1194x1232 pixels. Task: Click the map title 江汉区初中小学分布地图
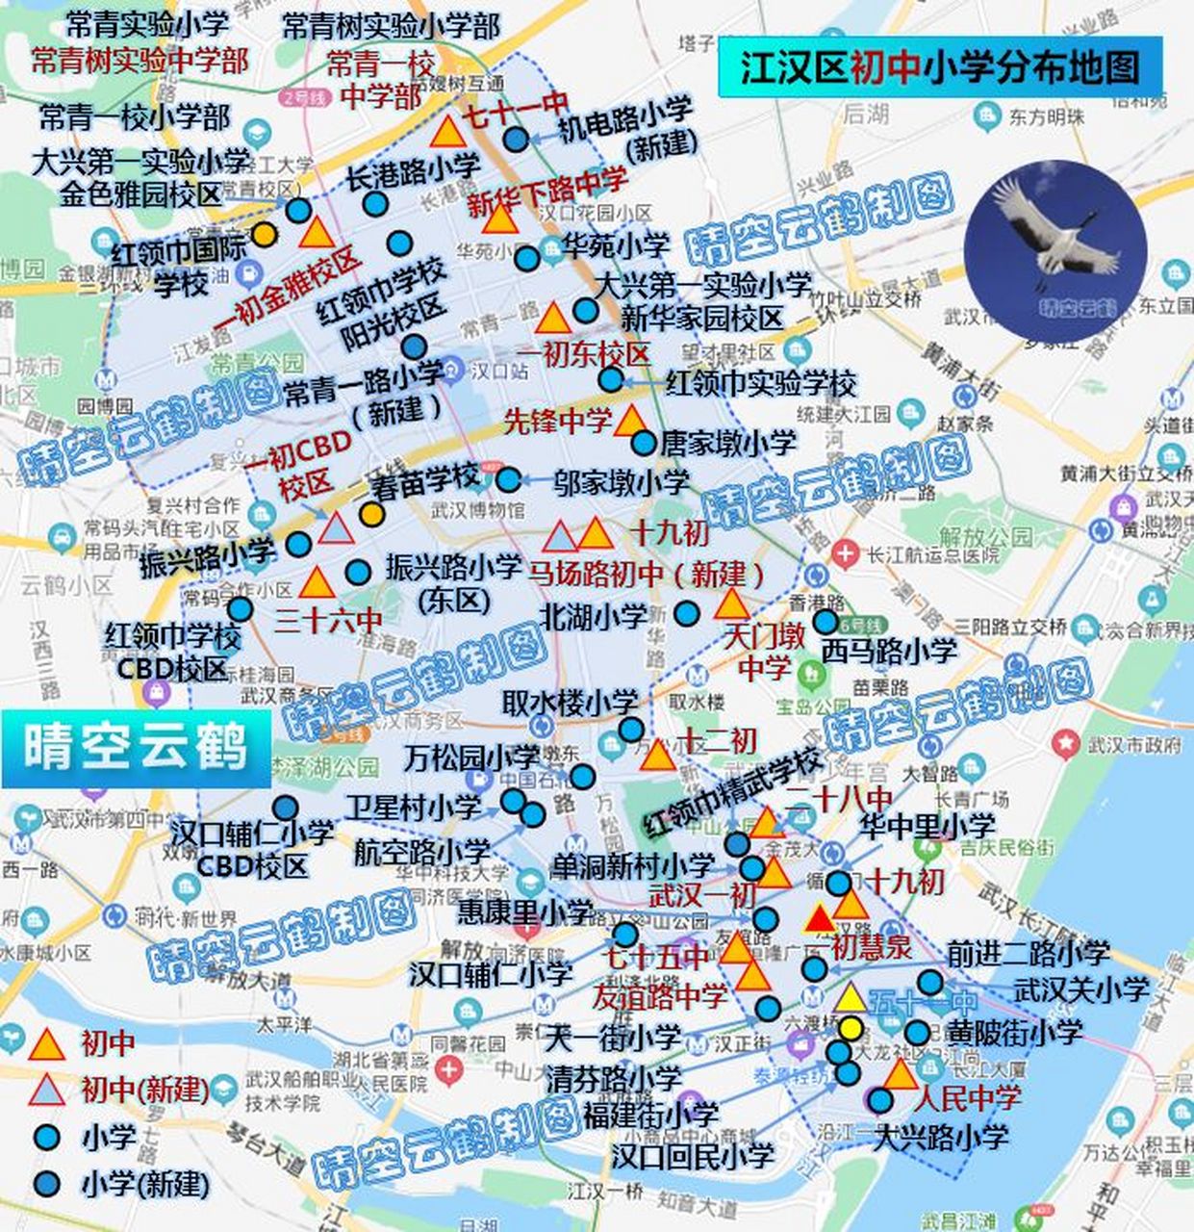click(x=939, y=67)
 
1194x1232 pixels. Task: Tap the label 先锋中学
click(x=558, y=421)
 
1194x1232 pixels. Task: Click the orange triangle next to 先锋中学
click(x=629, y=422)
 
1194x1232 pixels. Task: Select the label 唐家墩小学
click(x=728, y=442)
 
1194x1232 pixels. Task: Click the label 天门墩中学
click(x=765, y=651)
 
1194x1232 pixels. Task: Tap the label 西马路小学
click(x=889, y=651)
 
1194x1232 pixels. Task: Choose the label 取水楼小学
click(x=570, y=703)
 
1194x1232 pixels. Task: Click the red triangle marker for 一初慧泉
click(x=820, y=919)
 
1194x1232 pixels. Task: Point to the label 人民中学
click(x=967, y=1097)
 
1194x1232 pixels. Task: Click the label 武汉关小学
click(x=1082, y=989)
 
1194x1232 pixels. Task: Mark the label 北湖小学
click(x=593, y=616)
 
